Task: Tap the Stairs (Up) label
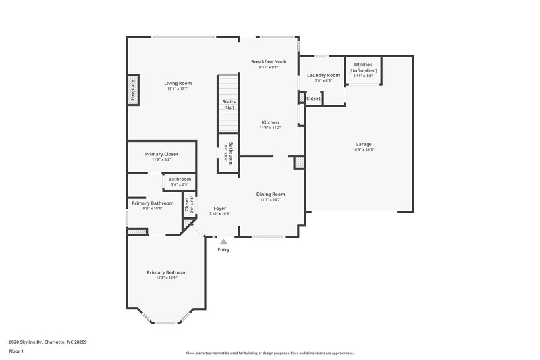coord(229,104)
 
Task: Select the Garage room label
coord(363,144)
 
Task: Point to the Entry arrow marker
coord(223,241)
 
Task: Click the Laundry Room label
coord(323,75)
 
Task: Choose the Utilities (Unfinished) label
coord(363,67)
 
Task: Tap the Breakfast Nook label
coord(269,61)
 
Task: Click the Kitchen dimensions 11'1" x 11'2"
coord(270,128)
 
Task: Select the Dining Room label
coord(270,194)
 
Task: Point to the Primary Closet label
coord(161,154)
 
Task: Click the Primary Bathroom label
coord(152,203)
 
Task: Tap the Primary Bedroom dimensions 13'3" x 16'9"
coord(167,278)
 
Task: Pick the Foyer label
coord(220,208)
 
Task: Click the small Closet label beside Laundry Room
coord(313,99)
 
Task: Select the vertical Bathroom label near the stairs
coord(230,153)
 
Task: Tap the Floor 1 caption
coord(17,352)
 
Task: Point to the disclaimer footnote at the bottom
coord(269,353)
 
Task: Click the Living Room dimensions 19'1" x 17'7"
coord(178,88)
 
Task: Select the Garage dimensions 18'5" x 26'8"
coord(363,149)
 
